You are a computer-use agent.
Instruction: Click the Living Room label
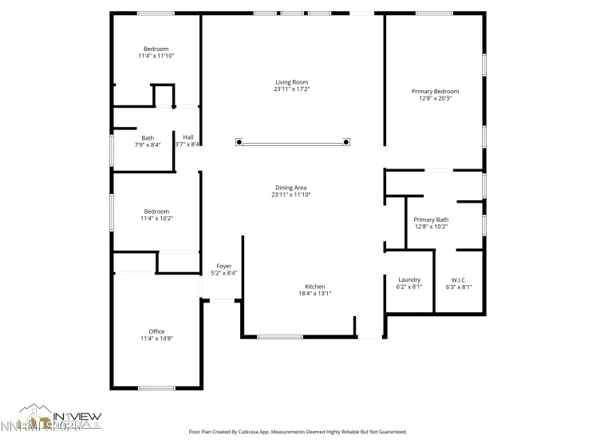pos(291,82)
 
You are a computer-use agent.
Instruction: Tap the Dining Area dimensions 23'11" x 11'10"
pos(291,195)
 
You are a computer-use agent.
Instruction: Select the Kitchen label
pos(314,287)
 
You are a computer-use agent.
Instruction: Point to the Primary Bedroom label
pos(435,92)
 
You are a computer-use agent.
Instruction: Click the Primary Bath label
pos(431,220)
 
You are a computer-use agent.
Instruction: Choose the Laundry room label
pos(409,279)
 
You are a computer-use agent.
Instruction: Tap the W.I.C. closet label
pos(459,279)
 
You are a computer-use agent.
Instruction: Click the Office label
pos(156,331)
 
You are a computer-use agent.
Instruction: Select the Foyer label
pos(223,266)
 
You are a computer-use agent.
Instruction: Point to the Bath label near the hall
pos(148,137)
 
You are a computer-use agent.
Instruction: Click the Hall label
pos(188,137)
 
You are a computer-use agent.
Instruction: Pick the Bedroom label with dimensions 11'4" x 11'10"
pos(156,49)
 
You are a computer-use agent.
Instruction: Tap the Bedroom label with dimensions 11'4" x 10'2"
pos(156,212)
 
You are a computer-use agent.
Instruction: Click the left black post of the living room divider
pos(239,142)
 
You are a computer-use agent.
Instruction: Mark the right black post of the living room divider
pos(346,142)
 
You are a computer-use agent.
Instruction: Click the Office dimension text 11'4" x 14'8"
pos(156,338)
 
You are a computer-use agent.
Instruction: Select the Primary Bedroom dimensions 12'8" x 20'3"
pos(435,98)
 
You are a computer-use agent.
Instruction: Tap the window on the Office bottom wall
pos(156,388)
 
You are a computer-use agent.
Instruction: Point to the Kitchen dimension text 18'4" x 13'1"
pos(314,294)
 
